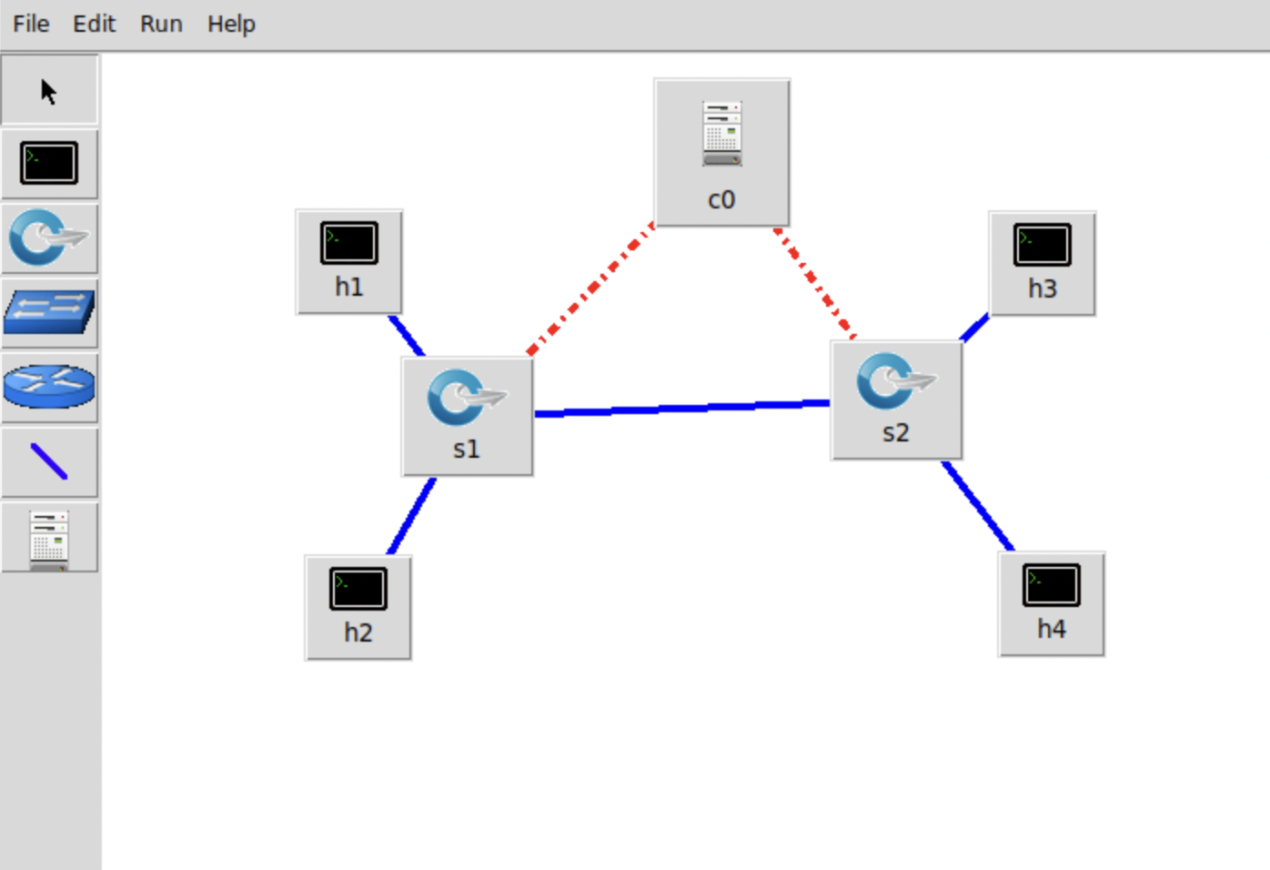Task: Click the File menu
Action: tap(31, 24)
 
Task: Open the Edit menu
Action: tap(94, 24)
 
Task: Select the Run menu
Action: tap(161, 24)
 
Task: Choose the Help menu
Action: tap(231, 24)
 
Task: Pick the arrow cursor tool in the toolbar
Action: tap(49, 91)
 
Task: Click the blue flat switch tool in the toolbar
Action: tap(49, 313)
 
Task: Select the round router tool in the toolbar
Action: tap(49, 387)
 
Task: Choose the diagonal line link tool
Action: tap(49, 461)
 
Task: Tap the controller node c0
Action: tap(721, 152)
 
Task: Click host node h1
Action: tap(349, 261)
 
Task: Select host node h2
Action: tap(358, 607)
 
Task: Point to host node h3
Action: tap(1043, 263)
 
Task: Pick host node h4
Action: tap(1052, 603)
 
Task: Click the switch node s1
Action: tap(468, 416)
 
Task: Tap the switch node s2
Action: tap(896, 400)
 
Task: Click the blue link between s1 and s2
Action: tap(682, 409)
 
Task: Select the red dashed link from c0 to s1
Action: tap(591, 288)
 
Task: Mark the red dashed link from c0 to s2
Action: tap(814, 283)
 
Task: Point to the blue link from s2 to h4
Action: tap(979, 507)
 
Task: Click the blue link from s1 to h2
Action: tap(412, 516)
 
